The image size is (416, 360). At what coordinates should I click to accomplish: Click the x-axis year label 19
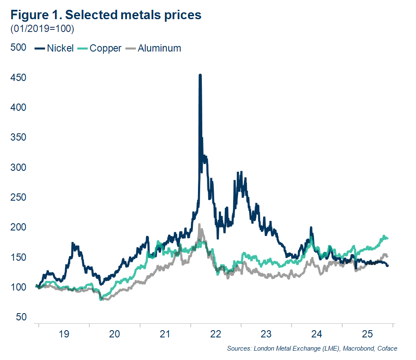coord(63,334)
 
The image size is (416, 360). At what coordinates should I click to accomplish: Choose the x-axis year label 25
coord(367,334)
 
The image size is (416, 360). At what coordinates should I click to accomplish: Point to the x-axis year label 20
coord(114,334)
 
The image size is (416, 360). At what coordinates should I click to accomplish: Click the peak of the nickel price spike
coord(200,75)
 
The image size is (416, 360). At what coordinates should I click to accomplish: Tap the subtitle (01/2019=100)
coord(42,29)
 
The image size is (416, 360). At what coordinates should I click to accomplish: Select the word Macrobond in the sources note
coord(355,349)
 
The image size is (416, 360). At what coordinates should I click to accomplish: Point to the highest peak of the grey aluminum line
coord(199,225)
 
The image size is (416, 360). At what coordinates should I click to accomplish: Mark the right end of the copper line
coord(387,238)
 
